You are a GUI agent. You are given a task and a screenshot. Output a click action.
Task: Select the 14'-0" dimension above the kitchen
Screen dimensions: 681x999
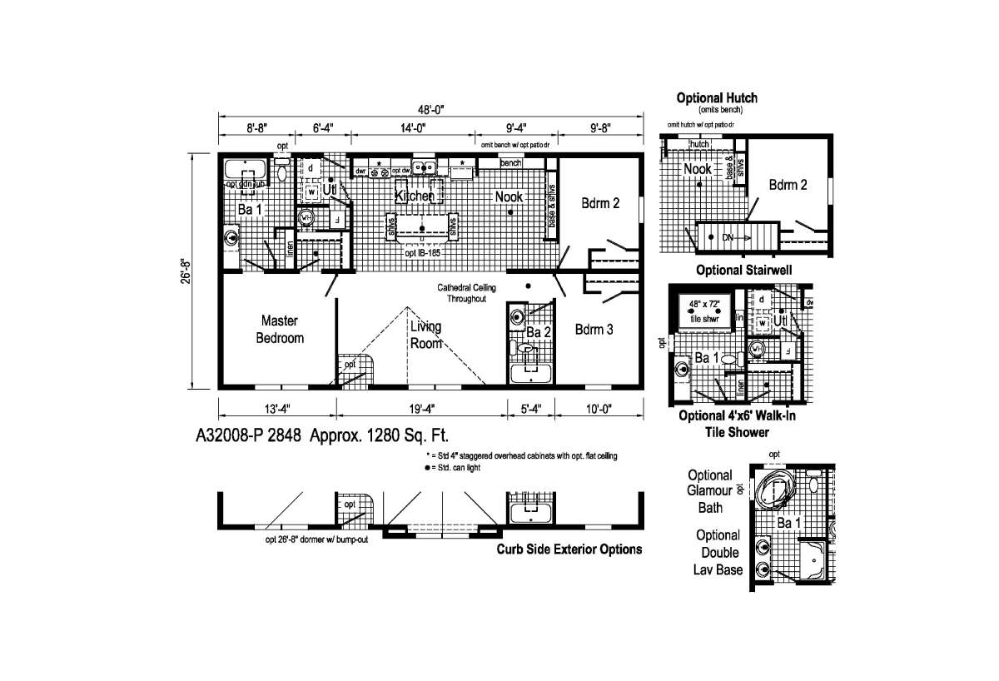[411, 128]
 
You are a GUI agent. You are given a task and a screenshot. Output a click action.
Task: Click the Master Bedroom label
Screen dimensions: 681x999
[280, 329]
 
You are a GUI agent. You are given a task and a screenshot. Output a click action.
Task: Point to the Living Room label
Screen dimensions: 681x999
[425, 335]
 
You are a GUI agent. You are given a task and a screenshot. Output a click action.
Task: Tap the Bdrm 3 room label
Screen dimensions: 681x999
[594, 330]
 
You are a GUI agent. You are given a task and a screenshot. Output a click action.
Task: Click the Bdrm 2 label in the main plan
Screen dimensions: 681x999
[599, 201]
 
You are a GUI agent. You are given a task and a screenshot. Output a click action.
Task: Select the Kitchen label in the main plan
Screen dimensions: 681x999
[415, 196]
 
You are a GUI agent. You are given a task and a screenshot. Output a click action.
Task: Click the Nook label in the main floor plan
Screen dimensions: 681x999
[509, 196]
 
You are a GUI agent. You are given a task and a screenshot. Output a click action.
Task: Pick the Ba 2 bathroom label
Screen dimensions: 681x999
[539, 332]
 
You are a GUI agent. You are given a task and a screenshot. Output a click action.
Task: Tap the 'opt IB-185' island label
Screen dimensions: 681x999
[423, 251]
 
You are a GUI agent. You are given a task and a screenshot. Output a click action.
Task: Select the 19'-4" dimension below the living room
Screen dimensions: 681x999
[421, 408]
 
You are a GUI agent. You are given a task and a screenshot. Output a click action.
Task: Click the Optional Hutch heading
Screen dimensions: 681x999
[717, 98]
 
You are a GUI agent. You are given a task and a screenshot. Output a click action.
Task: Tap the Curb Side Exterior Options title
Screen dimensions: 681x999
[569, 549]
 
